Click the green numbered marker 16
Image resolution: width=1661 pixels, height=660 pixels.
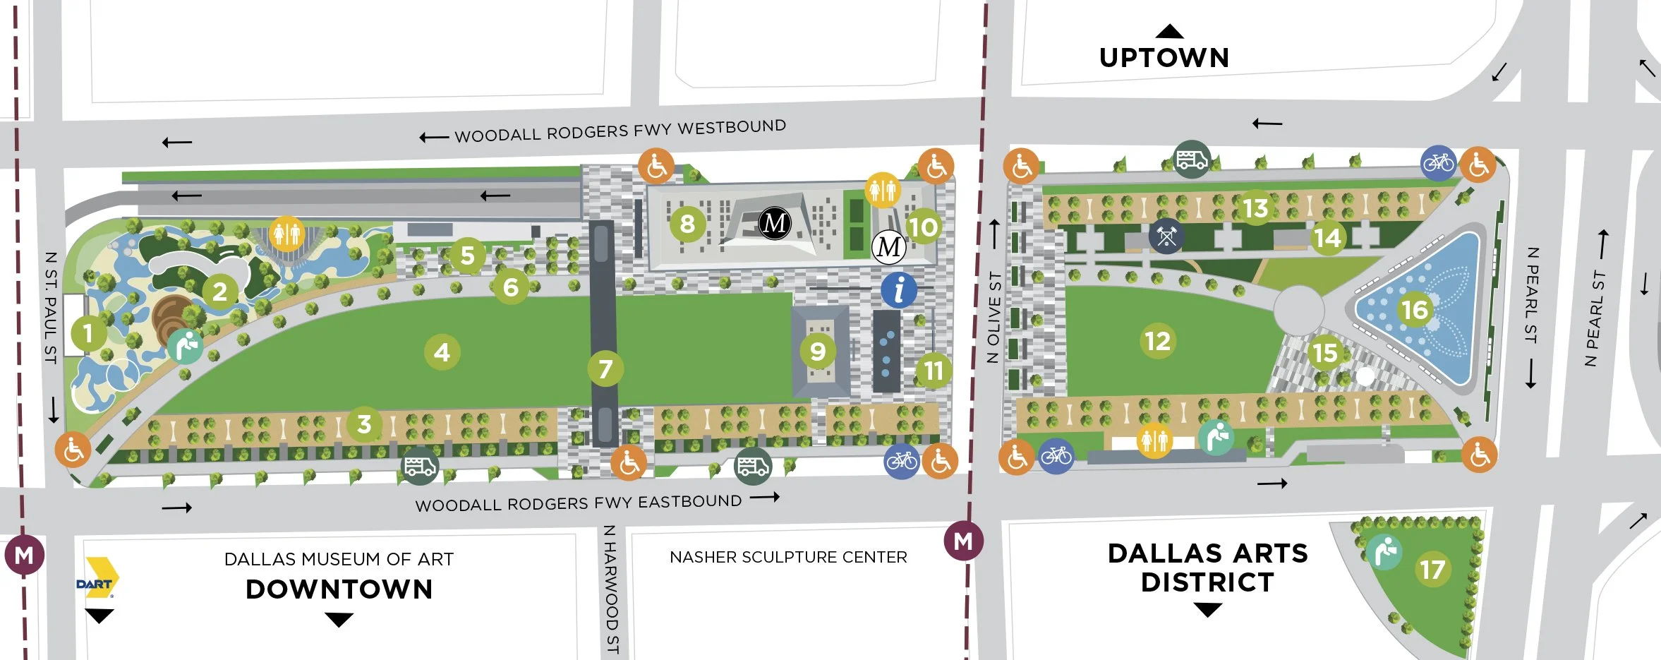pos(1414,310)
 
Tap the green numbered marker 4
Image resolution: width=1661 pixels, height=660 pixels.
pos(442,352)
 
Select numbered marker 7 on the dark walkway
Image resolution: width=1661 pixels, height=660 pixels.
pos(605,368)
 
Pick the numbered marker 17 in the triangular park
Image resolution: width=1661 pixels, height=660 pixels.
pos(1432,569)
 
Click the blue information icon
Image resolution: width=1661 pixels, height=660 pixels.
pos(898,290)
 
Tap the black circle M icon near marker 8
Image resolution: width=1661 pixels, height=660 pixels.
pos(775,223)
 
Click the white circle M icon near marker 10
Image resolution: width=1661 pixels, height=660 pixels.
pos(888,247)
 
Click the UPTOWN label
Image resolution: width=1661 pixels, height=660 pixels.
pos(1164,57)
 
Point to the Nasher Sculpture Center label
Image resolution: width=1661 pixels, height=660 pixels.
pos(788,557)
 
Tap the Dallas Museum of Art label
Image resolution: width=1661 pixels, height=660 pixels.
pos(339,559)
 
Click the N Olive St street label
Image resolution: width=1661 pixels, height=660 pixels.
pos(993,317)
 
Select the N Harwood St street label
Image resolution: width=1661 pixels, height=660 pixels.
pos(611,589)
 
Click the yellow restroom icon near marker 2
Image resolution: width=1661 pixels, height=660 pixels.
pos(286,233)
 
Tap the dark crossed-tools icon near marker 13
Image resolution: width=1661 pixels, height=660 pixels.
pos(1166,236)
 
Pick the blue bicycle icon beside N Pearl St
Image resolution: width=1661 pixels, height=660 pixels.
pos(1438,163)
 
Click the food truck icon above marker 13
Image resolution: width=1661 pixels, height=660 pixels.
pos(1191,160)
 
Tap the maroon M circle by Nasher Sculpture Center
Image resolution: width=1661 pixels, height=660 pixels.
pos(963,541)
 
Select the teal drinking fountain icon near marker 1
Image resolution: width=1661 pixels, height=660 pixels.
pos(185,346)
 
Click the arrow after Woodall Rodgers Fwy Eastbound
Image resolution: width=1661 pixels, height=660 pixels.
pos(765,497)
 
